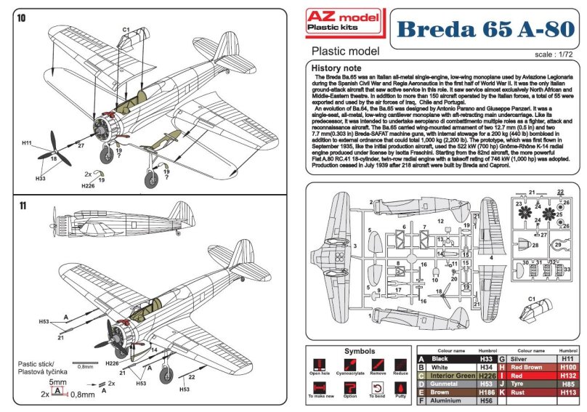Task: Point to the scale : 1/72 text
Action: pyautogui.click(x=554, y=54)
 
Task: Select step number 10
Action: pyautogui.click(x=21, y=17)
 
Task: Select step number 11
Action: pyautogui.click(x=21, y=206)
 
